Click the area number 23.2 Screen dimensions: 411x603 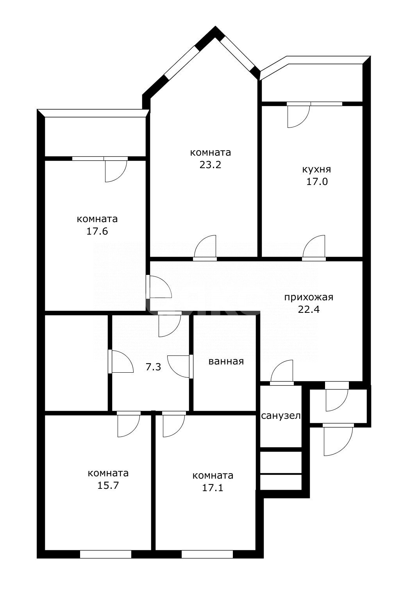click(x=210, y=165)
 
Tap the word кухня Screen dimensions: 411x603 click(x=316, y=170)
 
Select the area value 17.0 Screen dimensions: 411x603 click(x=317, y=182)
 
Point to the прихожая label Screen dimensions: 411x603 click(x=309, y=298)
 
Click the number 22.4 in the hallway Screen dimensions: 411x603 click(x=309, y=310)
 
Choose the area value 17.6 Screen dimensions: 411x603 click(x=97, y=231)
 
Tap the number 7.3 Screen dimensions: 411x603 click(x=153, y=367)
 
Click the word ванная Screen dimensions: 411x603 click(x=226, y=361)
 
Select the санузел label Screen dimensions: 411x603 click(x=281, y=416)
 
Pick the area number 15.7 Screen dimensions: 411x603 click(x=108, y=485)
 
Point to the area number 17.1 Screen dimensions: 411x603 click(x=213, y=488)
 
